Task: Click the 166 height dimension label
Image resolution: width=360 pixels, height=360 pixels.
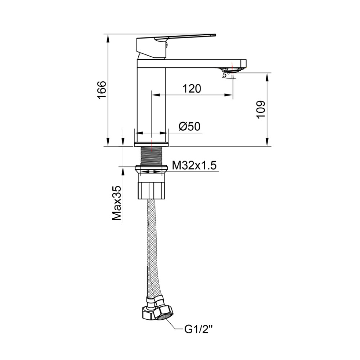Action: [102, 90]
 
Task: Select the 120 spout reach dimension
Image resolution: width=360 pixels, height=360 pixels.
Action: [192, 89]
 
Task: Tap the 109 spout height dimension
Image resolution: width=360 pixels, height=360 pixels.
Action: [261, 109]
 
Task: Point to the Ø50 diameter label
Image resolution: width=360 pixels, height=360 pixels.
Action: [189, 126]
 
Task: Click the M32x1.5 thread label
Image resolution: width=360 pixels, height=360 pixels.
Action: [194, 165]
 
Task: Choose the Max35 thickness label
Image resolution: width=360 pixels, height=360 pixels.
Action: [117, 203]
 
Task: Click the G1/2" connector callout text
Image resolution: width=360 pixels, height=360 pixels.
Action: [199, 330]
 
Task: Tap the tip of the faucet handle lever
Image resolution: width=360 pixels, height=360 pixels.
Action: [215, 35]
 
